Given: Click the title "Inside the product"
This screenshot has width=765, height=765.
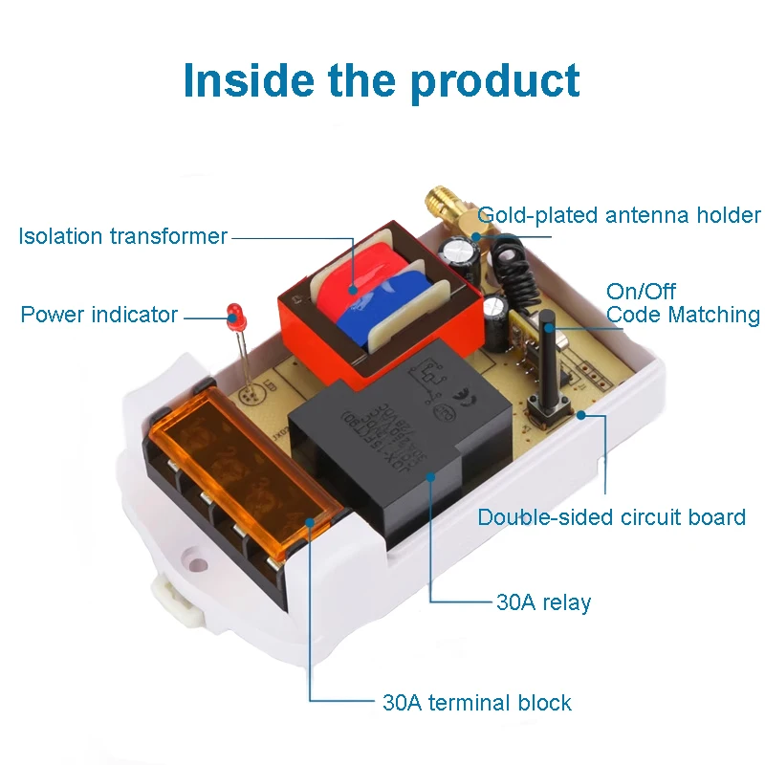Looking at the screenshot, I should (x=382, y=80).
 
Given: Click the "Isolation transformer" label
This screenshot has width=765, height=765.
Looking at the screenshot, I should (x=122, y=236).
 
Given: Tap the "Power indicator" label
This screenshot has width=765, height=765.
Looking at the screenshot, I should (x=99, y=315).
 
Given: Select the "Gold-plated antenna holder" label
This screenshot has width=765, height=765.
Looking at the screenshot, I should (x=619, y=215).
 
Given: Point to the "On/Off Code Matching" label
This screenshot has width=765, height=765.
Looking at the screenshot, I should (x=683, y=303).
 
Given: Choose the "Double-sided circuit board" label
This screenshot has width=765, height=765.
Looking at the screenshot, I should (x=611, y=517).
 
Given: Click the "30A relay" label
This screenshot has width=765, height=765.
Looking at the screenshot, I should (x=543, y=602).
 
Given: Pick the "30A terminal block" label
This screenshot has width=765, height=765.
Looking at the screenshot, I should (x=476, y=703).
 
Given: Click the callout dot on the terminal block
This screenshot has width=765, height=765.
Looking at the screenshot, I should (x=310, y=522).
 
